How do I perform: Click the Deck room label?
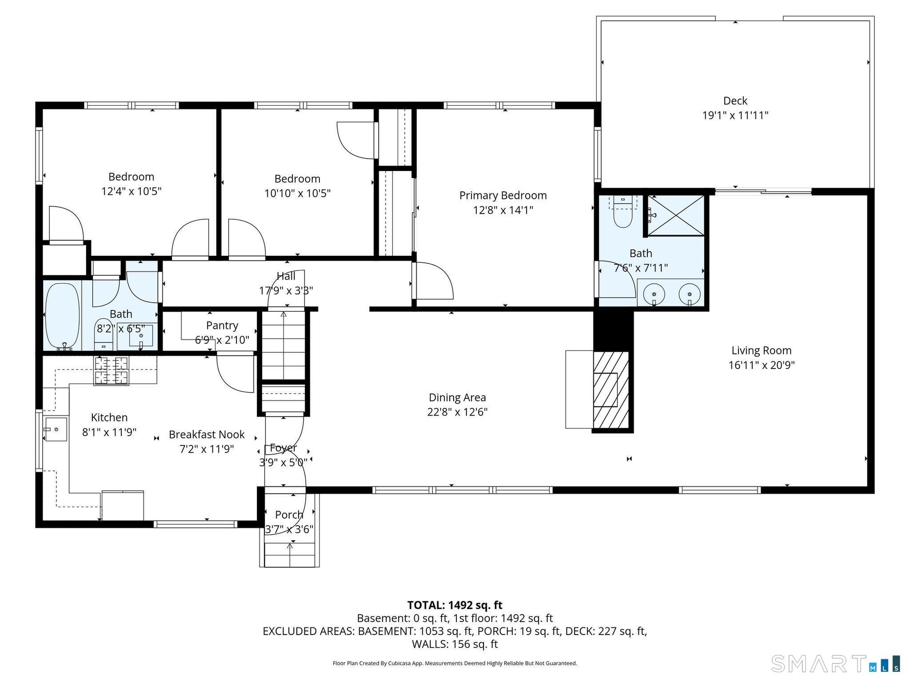[735, 101]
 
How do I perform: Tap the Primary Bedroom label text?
[503, 196]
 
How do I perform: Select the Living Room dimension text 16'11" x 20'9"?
[762, 365]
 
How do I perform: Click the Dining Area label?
[457, 398]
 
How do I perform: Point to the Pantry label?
[222, 325]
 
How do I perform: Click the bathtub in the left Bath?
[62, 316]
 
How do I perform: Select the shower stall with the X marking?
[676, 215]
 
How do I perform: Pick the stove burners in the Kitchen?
[112, 370]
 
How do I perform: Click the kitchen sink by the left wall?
[55, 430]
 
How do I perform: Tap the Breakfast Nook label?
[207, 435]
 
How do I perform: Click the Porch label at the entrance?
[289, 515]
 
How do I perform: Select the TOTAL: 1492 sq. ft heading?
[455, 605]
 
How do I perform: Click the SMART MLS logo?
[836, 664]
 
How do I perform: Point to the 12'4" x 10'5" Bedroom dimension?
[131, 191]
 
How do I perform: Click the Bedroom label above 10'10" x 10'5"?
[297, 179]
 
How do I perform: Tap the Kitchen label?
[109, 418]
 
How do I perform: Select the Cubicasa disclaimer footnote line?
[455, 664]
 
